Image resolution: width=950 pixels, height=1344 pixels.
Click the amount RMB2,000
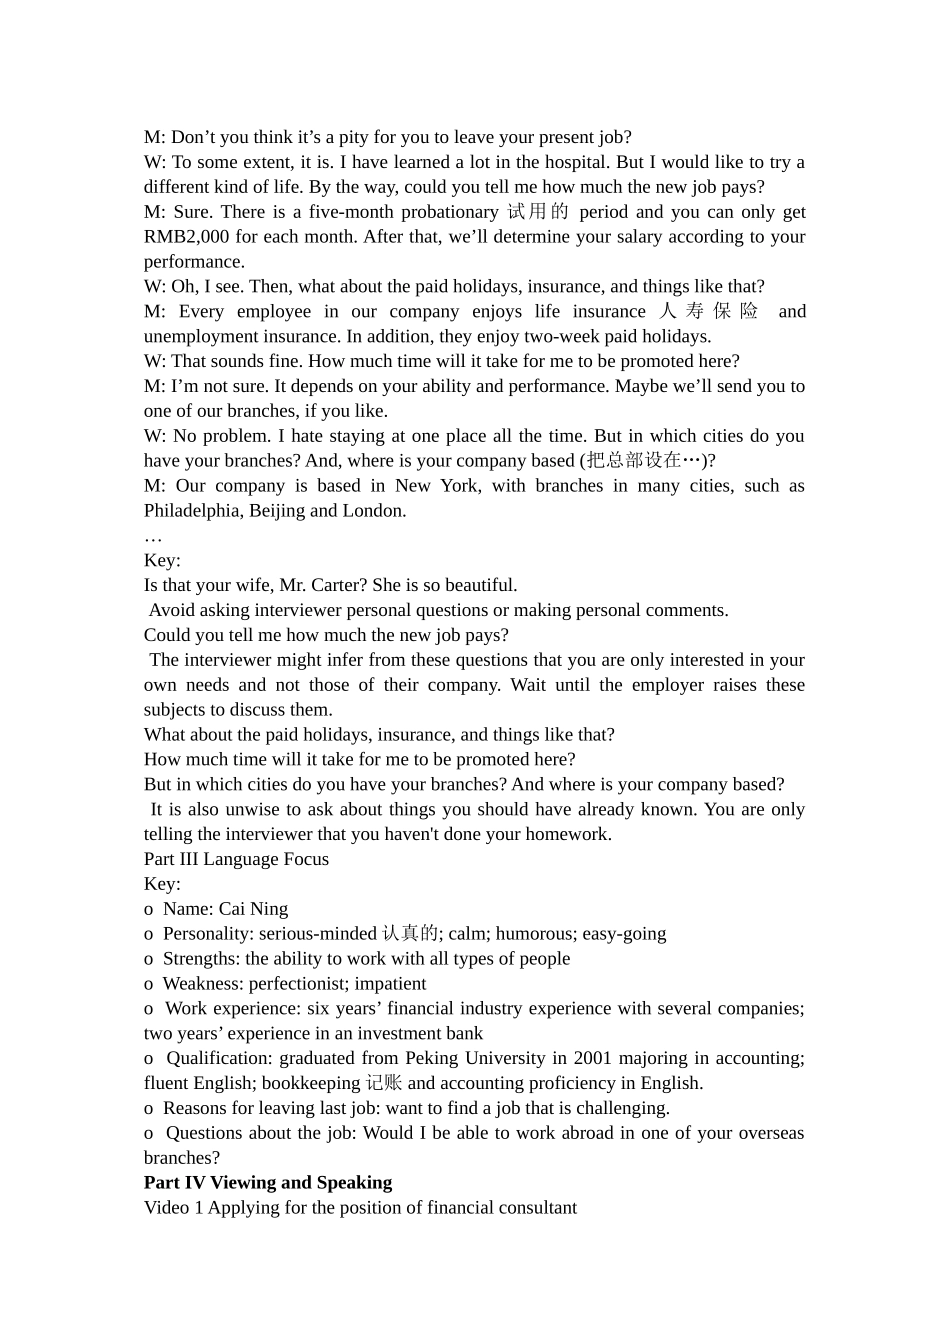tap(186, 237)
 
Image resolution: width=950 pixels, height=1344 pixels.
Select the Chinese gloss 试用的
tap(537, 212)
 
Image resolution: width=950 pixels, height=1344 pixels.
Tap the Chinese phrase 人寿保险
tap(709, 312)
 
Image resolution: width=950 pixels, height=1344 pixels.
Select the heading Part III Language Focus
tap(236, 859)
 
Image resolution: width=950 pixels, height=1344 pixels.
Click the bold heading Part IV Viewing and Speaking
tap(268, 1183)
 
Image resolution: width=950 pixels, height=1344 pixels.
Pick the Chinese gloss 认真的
tap(410, 934)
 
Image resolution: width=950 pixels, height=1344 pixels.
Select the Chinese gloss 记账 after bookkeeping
tap(384, 1083)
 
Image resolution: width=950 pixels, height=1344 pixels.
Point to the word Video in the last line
tap(167, 1208)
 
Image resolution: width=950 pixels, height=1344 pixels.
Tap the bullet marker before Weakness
tap(148, 984)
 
